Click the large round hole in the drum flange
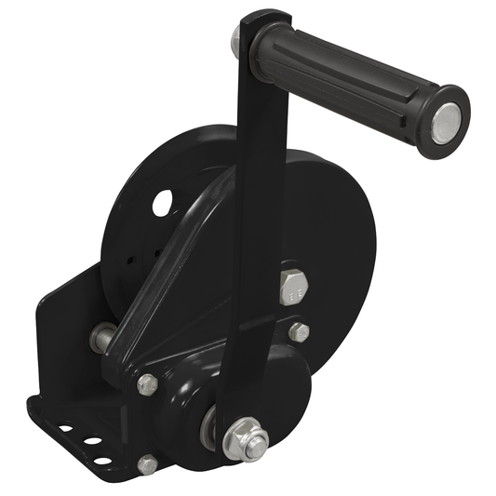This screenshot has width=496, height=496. pos(163,202)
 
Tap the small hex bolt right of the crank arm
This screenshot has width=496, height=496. pos(299,331)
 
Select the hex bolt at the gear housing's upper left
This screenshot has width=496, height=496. pos(147,383)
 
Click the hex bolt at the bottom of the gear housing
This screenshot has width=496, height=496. pos(147,464)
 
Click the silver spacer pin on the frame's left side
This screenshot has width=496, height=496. pos(100,338)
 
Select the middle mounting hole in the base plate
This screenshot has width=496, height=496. pos(92,441)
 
